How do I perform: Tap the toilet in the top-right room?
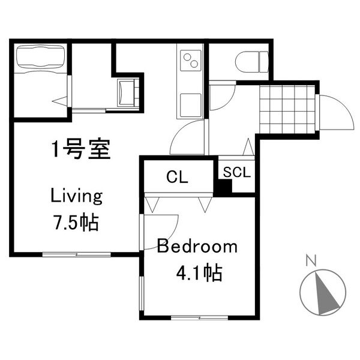tap(252, 62)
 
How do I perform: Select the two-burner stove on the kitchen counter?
tap(191, 61)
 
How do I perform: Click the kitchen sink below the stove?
tap(191, 105)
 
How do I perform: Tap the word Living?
tap(76, 196)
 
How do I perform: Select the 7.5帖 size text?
tap(76, 222)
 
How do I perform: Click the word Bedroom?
tap(197, 247)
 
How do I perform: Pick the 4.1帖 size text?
tap(199, 273)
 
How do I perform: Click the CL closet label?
tap(177, 177)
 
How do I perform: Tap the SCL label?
tap(236, 172)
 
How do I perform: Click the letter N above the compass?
tap(311, 260)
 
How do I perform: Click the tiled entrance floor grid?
tap(287, 109)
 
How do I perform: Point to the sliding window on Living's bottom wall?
tap(77, 254)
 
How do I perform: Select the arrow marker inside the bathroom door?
tap(60, 101)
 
